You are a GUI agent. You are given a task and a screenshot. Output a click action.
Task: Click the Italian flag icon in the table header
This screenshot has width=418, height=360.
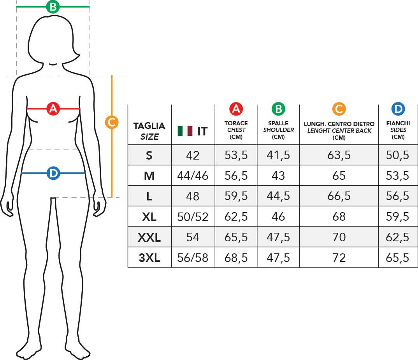coord(185,131)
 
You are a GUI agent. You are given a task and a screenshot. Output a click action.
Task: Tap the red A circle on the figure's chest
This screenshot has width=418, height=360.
coord(53,109)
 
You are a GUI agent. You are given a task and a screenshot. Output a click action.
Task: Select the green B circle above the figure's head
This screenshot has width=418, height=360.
coord(53,7)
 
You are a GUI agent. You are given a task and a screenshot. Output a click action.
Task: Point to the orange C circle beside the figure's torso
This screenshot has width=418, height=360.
coord(112,123)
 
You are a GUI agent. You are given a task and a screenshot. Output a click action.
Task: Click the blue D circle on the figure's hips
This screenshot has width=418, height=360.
coord(53,173)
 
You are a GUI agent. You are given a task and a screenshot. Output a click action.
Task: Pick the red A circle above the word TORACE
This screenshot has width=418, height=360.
coord(236,109)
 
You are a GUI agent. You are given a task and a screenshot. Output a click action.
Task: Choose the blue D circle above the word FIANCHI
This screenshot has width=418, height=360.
coord(398,109)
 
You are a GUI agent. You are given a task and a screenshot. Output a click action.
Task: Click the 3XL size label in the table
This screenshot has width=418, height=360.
coord(149,258)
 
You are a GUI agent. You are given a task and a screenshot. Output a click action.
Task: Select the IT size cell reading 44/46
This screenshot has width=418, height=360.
coord(193,176)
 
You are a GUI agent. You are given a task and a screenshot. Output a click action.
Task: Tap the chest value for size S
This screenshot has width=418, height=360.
coord(236,155)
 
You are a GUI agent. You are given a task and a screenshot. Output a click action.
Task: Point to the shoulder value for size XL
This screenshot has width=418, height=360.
coord(278,217)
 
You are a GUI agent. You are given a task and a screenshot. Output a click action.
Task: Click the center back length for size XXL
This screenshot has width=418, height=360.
coord(339,237)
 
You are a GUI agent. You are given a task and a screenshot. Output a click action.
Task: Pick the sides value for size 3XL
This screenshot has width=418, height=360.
coord(398,258)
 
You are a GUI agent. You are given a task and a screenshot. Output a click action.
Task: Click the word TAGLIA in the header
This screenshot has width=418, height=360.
coord(149,126)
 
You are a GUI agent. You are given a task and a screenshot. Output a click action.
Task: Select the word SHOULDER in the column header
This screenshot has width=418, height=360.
coord(278,130)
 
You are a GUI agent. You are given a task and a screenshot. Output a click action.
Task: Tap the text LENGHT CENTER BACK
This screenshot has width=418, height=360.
coord(339,131)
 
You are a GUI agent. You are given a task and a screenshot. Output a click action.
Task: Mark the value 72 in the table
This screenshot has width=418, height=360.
coord(339,258)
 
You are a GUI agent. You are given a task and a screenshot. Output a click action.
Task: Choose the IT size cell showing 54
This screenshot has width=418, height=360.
coord(193,237)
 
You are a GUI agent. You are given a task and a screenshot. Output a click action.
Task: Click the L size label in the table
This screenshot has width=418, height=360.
coord(149,197)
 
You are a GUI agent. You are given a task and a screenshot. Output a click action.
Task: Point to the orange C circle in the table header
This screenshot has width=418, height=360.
coord(339,109)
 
